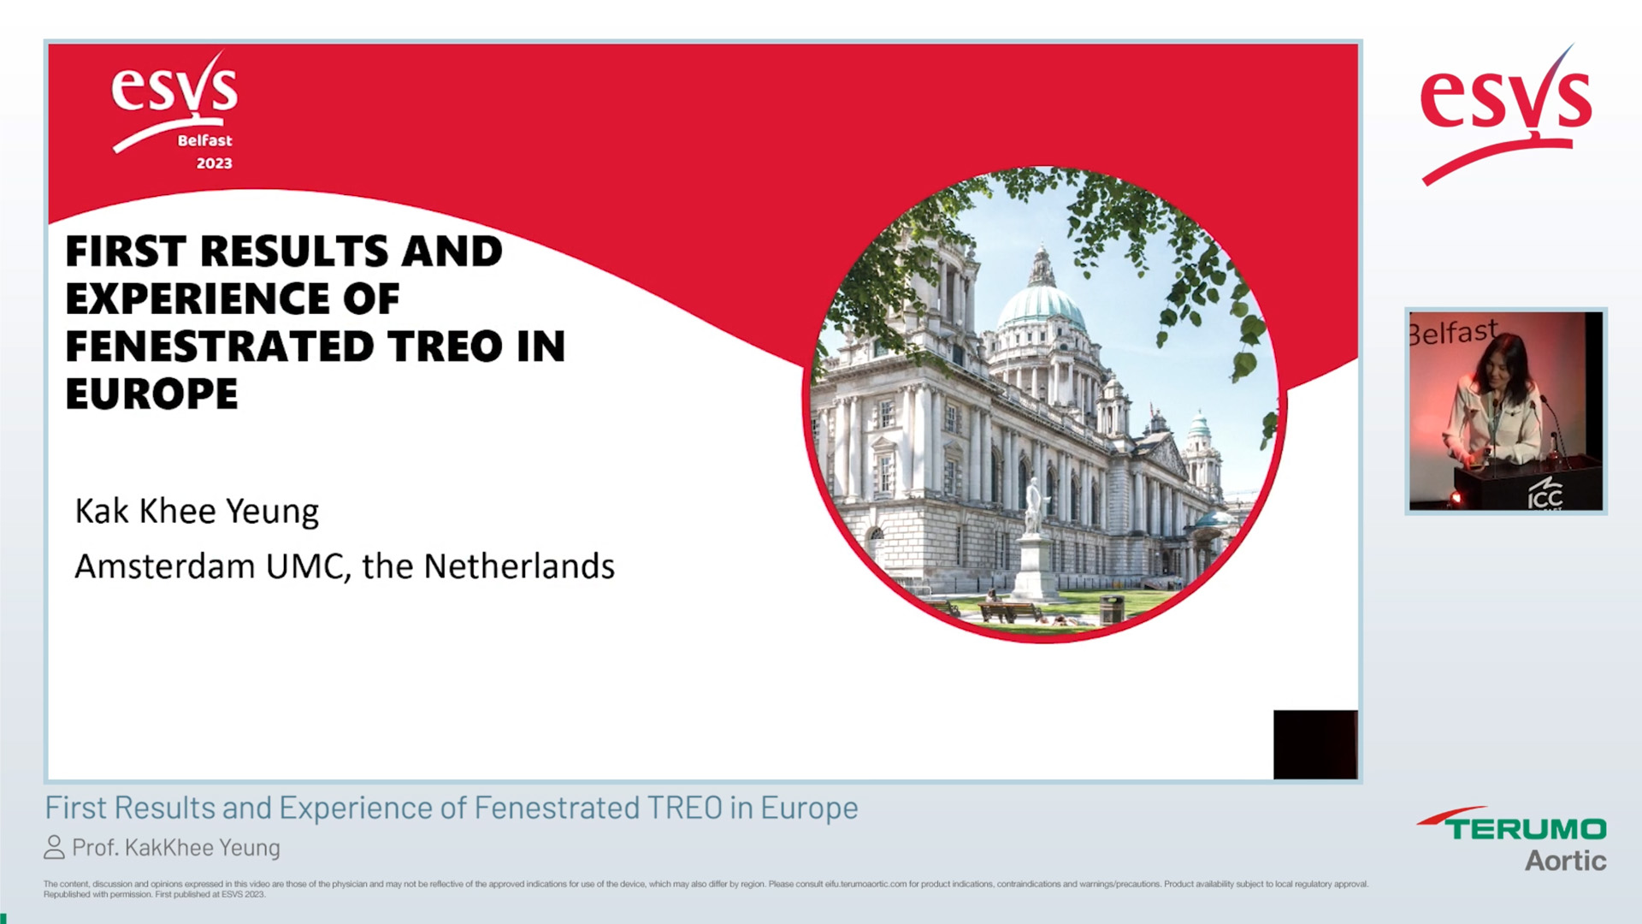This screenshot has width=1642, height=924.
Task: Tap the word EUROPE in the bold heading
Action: point(151,394)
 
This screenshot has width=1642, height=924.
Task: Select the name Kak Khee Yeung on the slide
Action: point(197,512)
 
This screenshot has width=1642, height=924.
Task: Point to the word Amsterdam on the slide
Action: point(165,566)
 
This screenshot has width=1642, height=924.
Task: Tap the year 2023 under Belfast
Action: point(214,163)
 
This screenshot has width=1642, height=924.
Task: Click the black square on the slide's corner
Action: point(1314,744)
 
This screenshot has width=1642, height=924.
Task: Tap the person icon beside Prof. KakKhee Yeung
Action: point(54,847)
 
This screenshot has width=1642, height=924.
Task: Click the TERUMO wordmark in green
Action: point(1526,828)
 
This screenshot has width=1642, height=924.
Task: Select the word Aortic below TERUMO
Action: point(1565,861)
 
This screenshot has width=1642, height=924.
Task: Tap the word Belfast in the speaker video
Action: point(1454,332)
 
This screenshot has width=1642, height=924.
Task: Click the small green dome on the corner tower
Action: point(1199,423)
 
